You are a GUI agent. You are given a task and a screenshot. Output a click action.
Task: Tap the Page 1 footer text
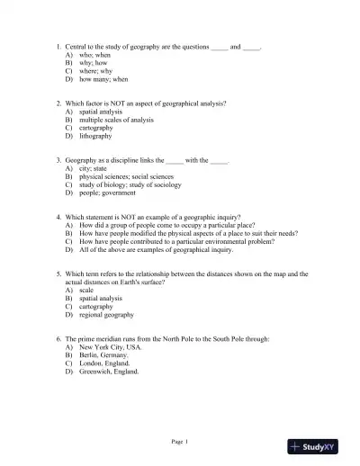coord(179,442)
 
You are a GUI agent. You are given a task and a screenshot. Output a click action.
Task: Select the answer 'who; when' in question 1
coord(95,55)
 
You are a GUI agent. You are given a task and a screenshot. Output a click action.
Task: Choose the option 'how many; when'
coord(103,79)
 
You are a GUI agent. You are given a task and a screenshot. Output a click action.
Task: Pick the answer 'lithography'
coord(96,136)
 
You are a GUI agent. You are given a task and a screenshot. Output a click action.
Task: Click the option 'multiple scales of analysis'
coord(115,120)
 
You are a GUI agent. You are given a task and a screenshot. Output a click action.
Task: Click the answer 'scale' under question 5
coord(86,291)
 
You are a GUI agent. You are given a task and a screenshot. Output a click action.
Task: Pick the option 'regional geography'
coord(106,315)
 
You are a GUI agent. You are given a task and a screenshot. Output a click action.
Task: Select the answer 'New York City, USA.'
coord(111,346)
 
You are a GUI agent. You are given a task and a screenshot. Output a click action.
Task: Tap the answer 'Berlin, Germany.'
coord(103,354)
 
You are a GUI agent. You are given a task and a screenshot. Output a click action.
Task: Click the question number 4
coord(58,217)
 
